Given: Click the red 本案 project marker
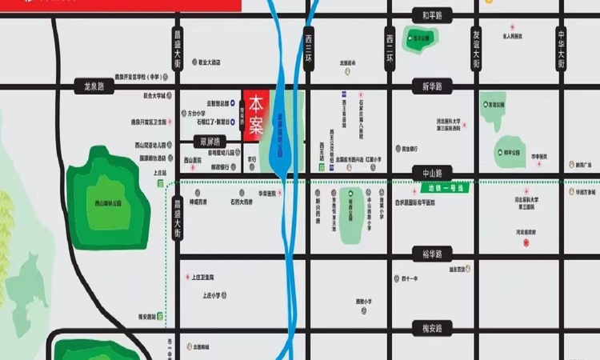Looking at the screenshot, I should [x=255, y=115].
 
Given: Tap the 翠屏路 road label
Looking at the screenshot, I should [x=206, y=140].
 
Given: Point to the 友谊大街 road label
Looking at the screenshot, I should [x=476, y=49].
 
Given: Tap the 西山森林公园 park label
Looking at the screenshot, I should [x=107, y=203].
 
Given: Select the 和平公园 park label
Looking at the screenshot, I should [x=509, y=151].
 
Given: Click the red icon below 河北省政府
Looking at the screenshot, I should [x=526, y=242].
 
